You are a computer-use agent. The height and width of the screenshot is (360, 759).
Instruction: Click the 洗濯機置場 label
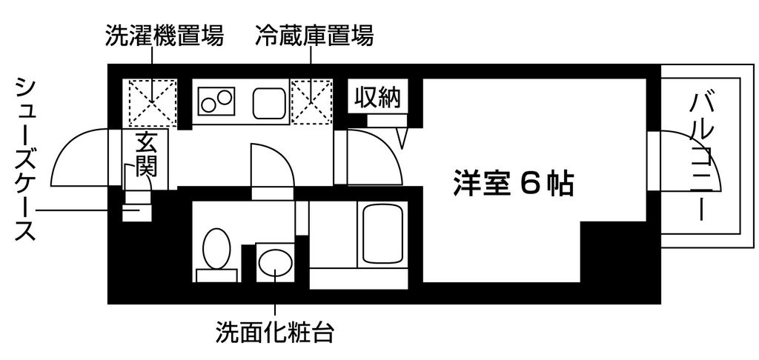pyautogui.click(x=165, y=36)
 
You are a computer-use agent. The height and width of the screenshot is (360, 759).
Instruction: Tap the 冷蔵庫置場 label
pyautogui.click(x=314, y=36)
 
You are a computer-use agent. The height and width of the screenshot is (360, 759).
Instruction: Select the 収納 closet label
pyautogui.click(x=379, y=98)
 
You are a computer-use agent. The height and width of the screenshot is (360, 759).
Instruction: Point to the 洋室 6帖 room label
pyautogui.click(x=514, y=184)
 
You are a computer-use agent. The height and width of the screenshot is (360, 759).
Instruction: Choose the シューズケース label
pyautogui.click(x=25, y=158)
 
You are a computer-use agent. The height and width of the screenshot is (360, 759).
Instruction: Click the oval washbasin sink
pyautogui.click(x=275, y=262)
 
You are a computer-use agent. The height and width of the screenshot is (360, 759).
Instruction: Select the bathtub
pyautogui.click(x=382, y=235)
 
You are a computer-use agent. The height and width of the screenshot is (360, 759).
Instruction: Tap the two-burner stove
pyautogui.click(x=216, y=101)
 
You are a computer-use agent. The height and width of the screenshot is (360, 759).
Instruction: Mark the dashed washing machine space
pyautogui.click(x=153, y=102)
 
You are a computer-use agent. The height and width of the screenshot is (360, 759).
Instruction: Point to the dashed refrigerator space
pyautogui.click(x=311, y=101)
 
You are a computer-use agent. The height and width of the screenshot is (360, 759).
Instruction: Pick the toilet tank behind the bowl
pyautogui.click(x=216, y=276)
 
